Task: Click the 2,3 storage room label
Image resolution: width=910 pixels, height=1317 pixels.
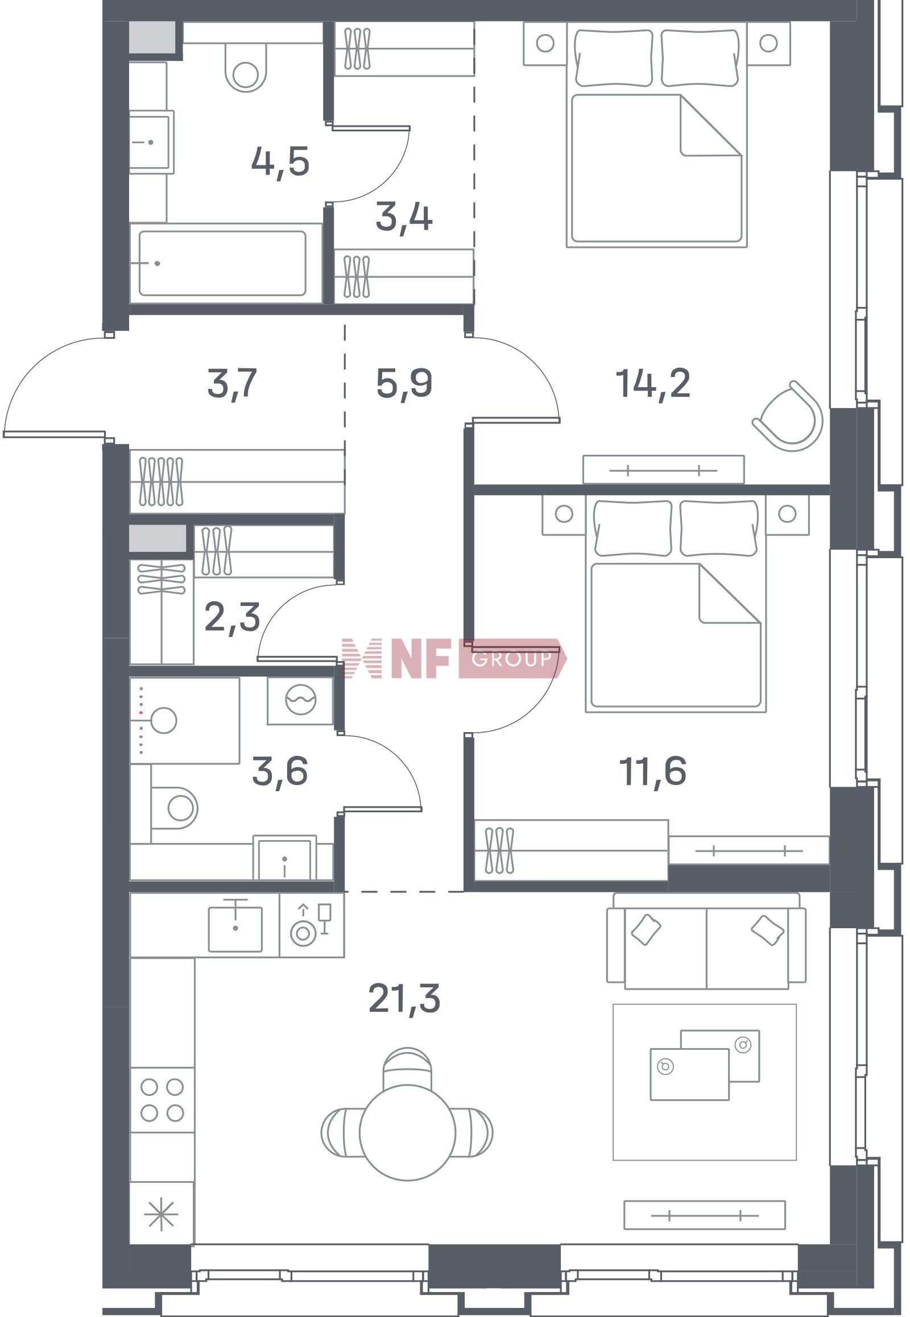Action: [232, 618]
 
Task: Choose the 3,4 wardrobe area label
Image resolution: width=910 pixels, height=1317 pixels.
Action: [404, 217]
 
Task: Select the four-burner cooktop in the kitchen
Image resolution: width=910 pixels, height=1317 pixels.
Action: [162, 1100]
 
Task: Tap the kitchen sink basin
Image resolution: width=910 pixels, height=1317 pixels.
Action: [235, 929]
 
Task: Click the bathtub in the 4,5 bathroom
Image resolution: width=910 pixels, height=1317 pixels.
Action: [222, 263]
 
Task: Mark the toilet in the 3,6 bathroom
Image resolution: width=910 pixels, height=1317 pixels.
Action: [175, 808]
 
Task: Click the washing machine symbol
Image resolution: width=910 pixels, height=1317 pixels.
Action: [300, 700]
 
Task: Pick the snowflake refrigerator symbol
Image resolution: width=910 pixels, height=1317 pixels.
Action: [162, 1214]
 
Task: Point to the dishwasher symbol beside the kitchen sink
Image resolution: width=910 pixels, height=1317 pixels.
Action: [311, 925]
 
